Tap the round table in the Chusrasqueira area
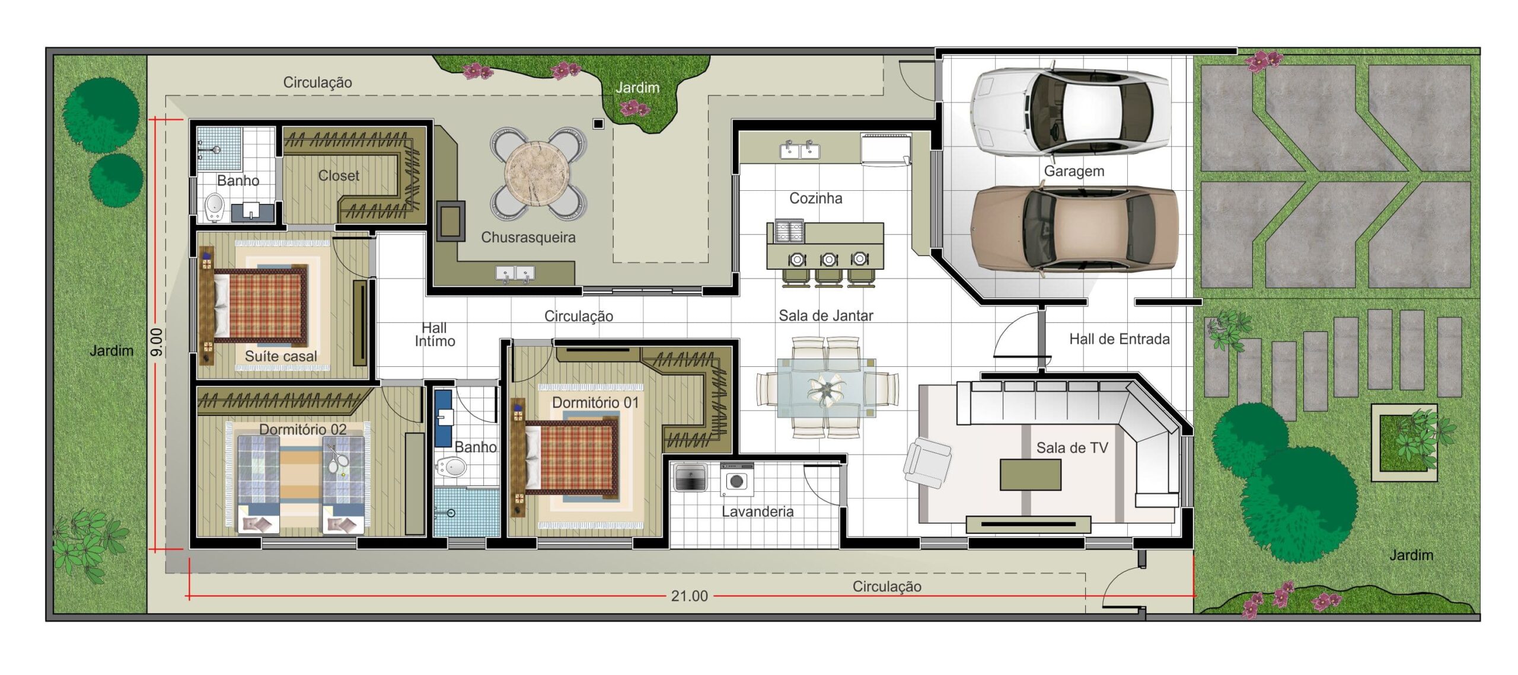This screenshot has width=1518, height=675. tap(537, 173)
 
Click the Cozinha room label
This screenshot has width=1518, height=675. tap(815, 198)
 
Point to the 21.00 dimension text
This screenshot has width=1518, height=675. tap(689, 596)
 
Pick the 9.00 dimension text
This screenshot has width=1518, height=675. tap(156, 342)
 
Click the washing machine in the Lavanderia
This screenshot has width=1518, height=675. tap(737, 479)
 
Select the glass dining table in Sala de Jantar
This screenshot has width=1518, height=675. tap(827, 388)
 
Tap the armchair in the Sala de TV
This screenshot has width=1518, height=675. tap(927, 462)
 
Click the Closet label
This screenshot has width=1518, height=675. tap(339, 175)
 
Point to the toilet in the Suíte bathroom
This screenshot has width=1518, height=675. tap(214, 207)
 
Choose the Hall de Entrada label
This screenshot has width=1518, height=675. tap(1119, 339)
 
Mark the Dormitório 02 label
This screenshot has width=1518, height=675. tap(302, 429)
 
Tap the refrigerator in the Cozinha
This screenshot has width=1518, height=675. tap(885, 149)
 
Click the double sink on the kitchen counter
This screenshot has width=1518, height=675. tap(800, 151)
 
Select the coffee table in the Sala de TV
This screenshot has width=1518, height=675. tap(1030, 474)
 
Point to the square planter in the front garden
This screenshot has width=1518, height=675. tap(1404, 442)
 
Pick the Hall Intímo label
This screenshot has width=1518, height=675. tap(435, 334)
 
